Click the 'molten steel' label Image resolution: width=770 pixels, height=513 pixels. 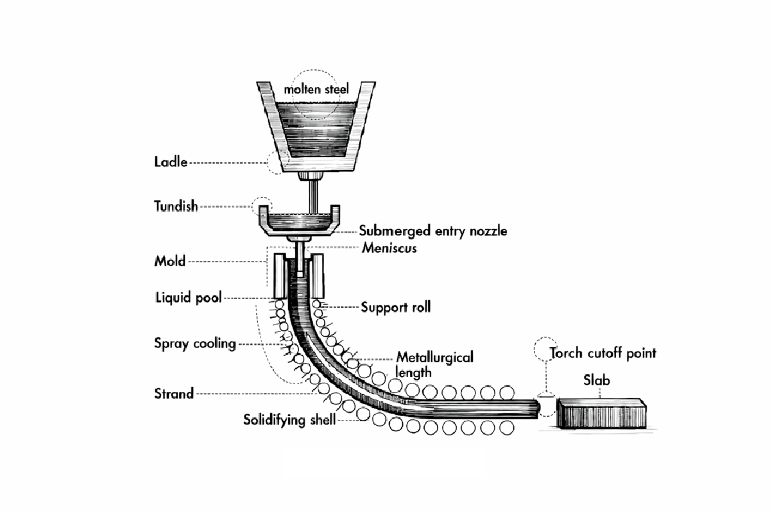[x=316, y=90]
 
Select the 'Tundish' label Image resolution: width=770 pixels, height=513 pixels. [x=176, y=206]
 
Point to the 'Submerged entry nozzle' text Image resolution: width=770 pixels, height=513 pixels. [x=432, y=231]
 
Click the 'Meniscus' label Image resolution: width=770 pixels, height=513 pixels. [x=389, y=248]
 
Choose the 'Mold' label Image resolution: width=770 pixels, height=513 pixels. [x=169, y=261]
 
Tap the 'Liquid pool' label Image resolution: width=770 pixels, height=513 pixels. [x=188, y=298]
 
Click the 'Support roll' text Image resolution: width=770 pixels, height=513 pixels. [x=395, y=307]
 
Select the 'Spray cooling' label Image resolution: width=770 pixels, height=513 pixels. [x=195, y=344]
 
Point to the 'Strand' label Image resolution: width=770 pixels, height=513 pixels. [x=174, y=394]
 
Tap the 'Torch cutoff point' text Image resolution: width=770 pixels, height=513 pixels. [x=603, y=353]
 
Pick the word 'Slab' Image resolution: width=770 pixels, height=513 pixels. [x=597, y=381]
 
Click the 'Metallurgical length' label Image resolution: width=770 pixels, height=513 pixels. [x=434, y=364]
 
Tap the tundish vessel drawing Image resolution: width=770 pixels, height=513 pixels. [x=298, y=220]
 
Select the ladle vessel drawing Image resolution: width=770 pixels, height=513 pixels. [x=314, y=128]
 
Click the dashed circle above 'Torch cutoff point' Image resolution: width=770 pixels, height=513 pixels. [x=545, y=348]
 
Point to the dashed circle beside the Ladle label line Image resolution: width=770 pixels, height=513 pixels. [x=278, y=163]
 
